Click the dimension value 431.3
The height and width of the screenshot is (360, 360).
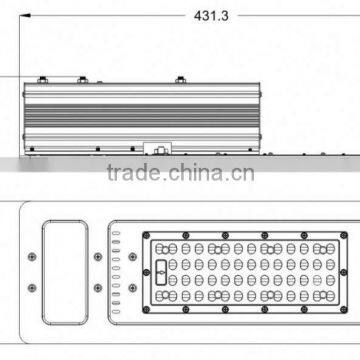pyautogui.click(x=200, y=16)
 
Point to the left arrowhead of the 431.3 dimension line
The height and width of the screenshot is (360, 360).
pyautogui.click(x=28, y=16)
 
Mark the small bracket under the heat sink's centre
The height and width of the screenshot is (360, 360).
pyautogui.click(x=157, y=150)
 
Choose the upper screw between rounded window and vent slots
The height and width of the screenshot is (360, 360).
pyautogui.click(x=96, y=255)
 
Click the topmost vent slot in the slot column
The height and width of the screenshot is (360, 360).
pyautogui.click(x=116, y=234)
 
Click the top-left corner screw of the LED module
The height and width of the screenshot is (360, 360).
pyautogui.click(x=150, y=236)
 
